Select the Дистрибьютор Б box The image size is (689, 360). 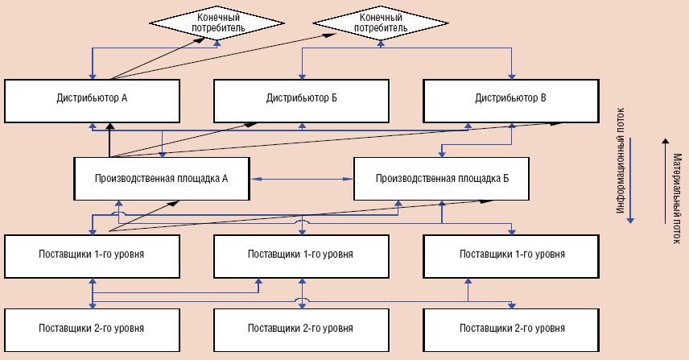click(301, 99)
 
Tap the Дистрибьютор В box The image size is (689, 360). click(510, 99)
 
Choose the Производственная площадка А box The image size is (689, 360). click(162, 177)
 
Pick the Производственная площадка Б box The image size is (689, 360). click(441, 177)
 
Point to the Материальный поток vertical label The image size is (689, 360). click(677, 187)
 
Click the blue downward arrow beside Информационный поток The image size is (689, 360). click(632, 179)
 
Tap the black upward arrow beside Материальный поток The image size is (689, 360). click(665, 179)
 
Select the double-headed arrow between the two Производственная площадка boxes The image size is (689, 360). click(302, 178)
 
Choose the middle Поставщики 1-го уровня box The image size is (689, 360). click(301, 254)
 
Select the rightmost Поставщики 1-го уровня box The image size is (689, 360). click(510, 254)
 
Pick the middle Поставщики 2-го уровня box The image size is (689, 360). click(301, 329)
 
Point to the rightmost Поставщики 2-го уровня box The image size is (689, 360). click(510, 329)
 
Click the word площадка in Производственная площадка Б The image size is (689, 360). click(472, 177)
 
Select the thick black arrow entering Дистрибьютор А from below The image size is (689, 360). click(109, 141)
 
